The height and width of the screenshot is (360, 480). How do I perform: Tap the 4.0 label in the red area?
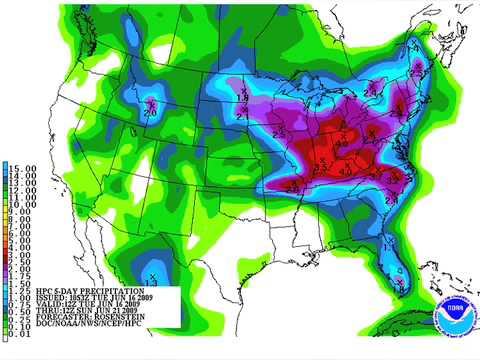[345, 167]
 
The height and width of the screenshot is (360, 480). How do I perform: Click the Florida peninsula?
[397, 265]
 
